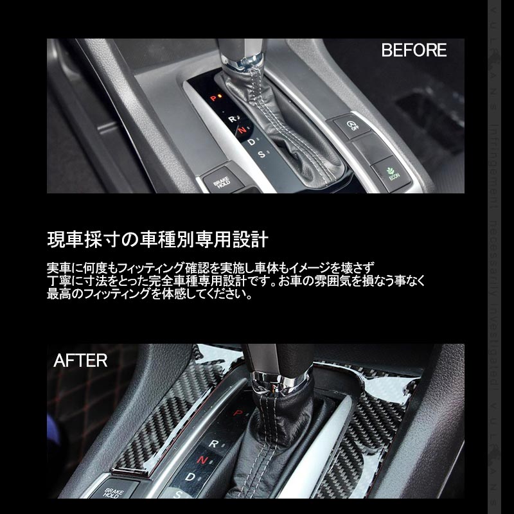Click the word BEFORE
(414, 51)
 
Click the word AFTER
(80, 360)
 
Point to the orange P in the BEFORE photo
(212, 98)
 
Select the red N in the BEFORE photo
(242, 130)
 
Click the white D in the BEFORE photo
(252, 142)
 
